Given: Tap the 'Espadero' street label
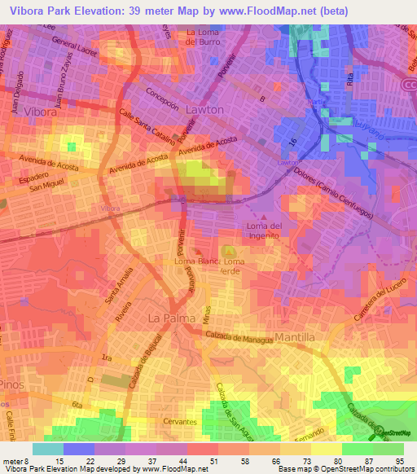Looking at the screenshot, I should (31, 173).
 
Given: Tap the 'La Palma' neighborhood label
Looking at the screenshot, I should (168, 315).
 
